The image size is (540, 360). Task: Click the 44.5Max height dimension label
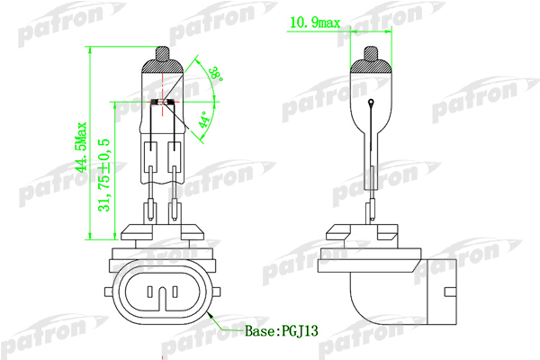tap(82, 147)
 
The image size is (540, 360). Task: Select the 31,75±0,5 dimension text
tap(104, 175)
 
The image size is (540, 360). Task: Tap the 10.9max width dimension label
tap(315, 22)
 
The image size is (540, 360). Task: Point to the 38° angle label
tap(216, 73)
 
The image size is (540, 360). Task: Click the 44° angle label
tap(204, 120)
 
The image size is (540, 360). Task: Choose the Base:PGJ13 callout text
tap(282, 331)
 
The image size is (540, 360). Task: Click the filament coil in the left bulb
tap(162, 102)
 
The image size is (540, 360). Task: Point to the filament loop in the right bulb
tap(371, 102)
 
